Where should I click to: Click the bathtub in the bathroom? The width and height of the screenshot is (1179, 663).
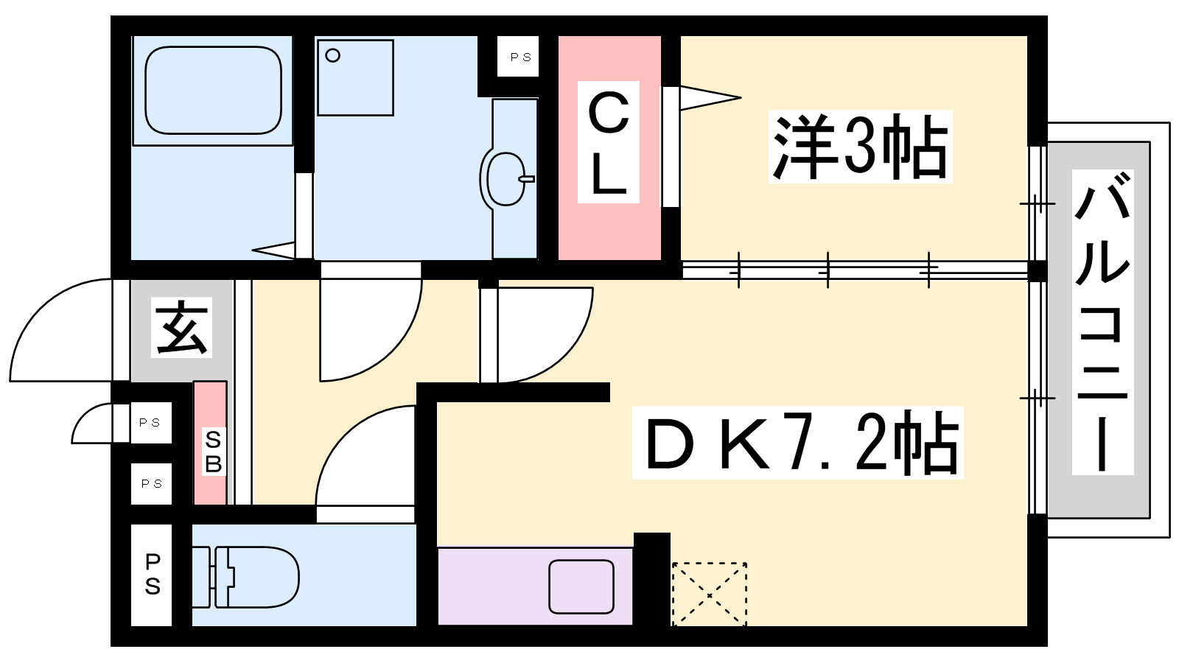(213, 90)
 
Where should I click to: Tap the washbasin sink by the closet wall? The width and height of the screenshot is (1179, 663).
(506, 179)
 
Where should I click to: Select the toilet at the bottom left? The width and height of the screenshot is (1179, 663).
(245, 577)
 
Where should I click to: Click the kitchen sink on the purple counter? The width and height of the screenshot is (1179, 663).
(581, 586)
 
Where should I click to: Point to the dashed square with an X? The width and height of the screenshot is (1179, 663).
(710, 594)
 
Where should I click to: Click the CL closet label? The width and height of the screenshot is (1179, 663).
(609, 142)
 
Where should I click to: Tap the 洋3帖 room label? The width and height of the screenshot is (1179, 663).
(860, 147)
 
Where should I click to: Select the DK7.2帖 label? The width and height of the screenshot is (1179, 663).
(797, 443)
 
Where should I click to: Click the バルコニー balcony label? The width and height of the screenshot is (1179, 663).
(1102, 322)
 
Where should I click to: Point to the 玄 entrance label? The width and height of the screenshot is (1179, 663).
(181, 327)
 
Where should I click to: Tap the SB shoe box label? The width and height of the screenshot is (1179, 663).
(213, 452)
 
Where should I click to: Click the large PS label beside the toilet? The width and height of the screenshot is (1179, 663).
(152, 575)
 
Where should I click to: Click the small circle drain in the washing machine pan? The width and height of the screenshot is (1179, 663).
(332, 55)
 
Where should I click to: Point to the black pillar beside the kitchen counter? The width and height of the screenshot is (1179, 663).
(651, 579)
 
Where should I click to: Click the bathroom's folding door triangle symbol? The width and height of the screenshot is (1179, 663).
(273, 250)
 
